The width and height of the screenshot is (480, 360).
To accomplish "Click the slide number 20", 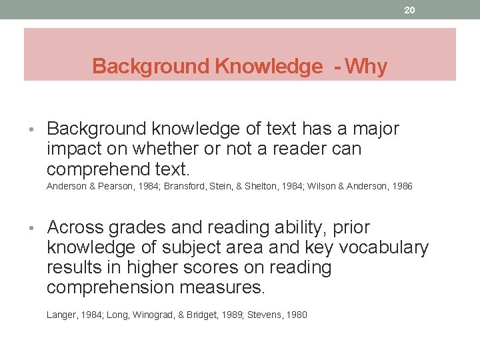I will click(409, 10).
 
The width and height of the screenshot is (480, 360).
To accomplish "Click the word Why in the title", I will click(366, 67).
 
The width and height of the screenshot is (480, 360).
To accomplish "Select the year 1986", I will click(400, 187).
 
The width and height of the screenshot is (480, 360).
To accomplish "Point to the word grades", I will click(139, 228).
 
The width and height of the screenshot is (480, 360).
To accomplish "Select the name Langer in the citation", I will click(61, 315).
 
